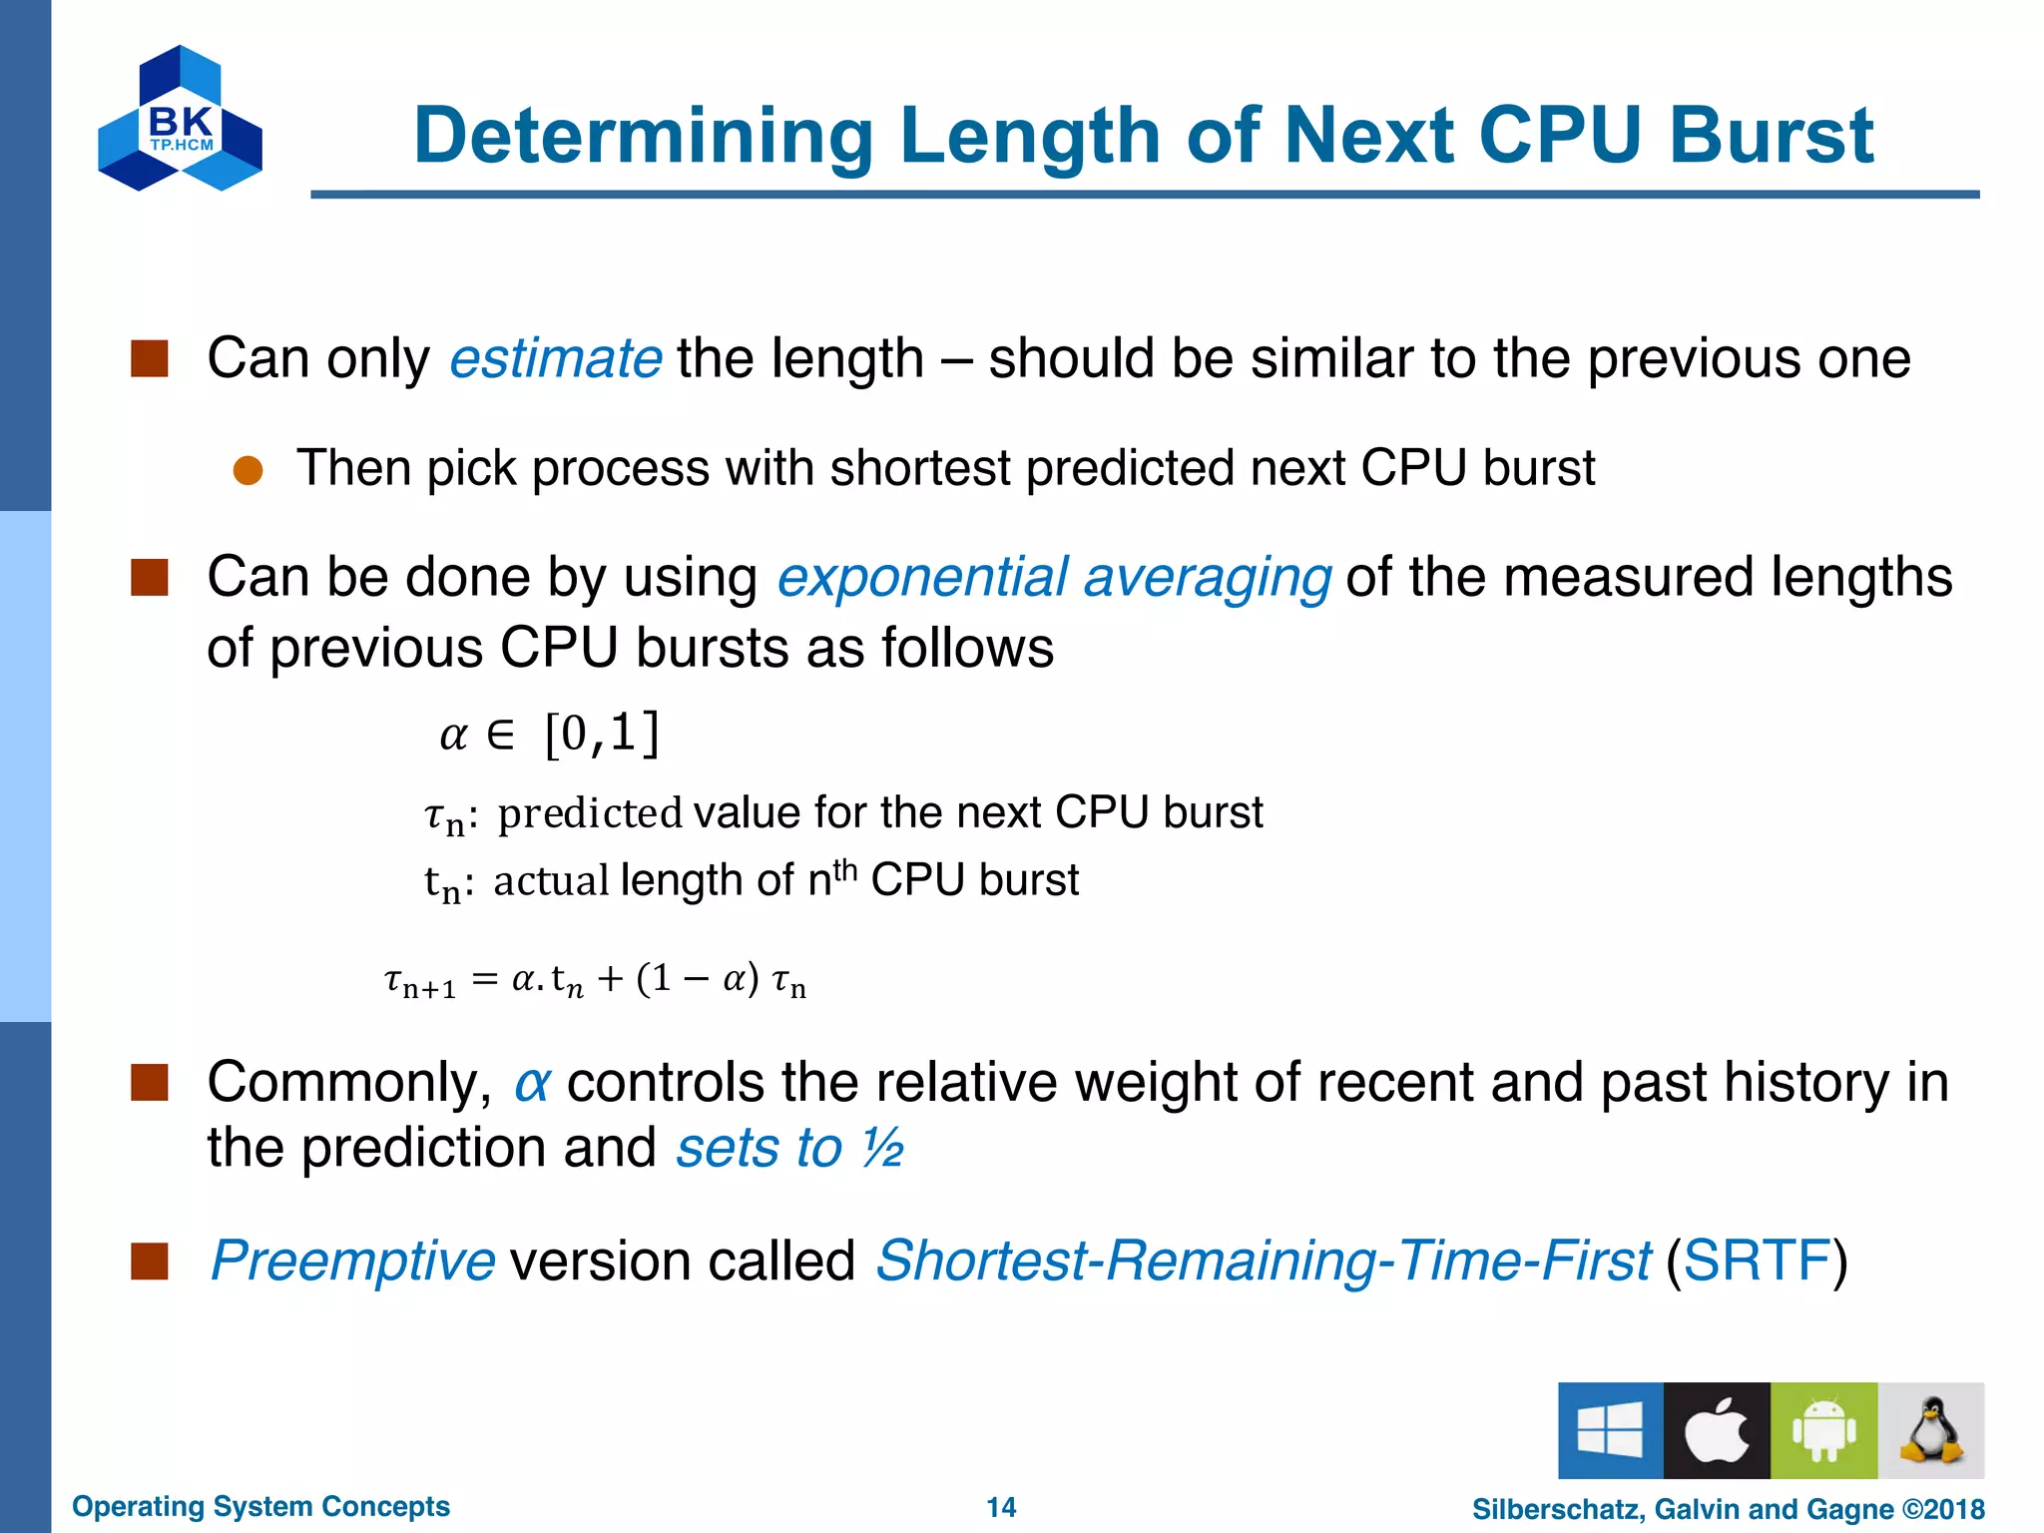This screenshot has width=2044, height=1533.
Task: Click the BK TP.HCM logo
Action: tap(180, 120)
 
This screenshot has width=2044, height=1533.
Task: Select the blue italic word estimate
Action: tap(555, 358)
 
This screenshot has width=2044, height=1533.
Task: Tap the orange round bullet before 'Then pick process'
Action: tap(248, 470)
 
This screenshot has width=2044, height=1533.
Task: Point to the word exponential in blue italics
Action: tap(922, 578)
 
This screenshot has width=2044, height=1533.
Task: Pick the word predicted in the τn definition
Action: tap(590, 813)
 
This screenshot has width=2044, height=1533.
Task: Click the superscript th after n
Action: tap(844, 869)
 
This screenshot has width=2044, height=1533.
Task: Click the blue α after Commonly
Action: tap(532, 1083)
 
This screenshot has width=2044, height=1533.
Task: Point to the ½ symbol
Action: tap(882, 1148)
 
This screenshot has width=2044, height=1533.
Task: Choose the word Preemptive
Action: tap(352, 1261)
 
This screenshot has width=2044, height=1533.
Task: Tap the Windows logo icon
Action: tap(1610, 1430)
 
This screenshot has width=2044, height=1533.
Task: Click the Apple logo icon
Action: tap(1717, 1430)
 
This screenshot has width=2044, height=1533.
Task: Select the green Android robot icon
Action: tap(1823, 1430)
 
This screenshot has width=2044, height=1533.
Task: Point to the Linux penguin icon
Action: tap(1931, 1430)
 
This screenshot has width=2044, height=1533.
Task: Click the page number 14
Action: tap(1001, 1507)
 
